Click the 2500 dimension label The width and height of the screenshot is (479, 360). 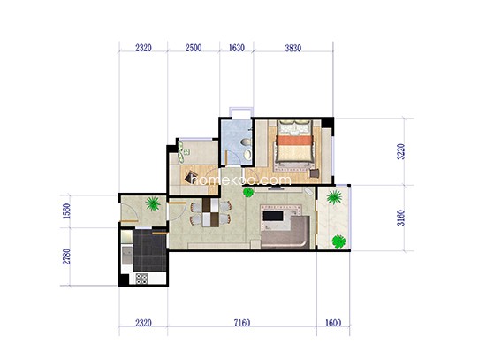tap(194, 48)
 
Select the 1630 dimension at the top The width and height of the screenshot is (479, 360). tap(237, 48)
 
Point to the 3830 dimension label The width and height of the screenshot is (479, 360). tap(293, 48)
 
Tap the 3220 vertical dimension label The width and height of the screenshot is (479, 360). tap(401, 152)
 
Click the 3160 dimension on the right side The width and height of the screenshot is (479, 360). tap(401, 218)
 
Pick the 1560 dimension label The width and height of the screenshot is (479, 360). tap(66, 211)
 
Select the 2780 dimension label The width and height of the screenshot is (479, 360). tap(66, 257)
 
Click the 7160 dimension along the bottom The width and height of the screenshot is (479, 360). tap(241, 323)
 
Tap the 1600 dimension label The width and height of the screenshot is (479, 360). tap(332, 323)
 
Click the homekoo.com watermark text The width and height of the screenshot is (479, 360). tap(240, 180)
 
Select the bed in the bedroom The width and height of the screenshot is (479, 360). tap(294, 141)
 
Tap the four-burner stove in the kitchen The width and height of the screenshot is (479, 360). tap(141, 279)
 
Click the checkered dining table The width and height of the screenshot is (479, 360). tap(211, 212)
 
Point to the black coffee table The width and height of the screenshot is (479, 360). tap(273, 216)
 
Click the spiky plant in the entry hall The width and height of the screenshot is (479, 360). tap(153, 204)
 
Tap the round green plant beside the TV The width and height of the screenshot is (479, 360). tap(248, 193)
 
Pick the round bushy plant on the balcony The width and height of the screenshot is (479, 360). tap(338, 241)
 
